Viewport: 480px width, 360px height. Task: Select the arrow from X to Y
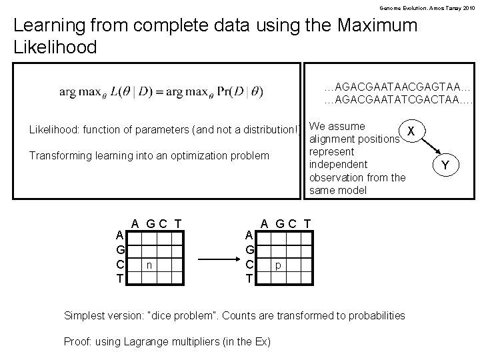[x=429, y=147]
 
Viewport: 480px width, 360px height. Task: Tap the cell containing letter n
[x=150, y=265]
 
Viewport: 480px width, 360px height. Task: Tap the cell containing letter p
[x=279, y=265]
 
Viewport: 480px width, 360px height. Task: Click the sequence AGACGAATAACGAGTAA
[x=397, y=87]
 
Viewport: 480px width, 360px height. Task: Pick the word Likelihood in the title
[x=55, y=47]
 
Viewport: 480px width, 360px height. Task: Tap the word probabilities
[x=373, y=315]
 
